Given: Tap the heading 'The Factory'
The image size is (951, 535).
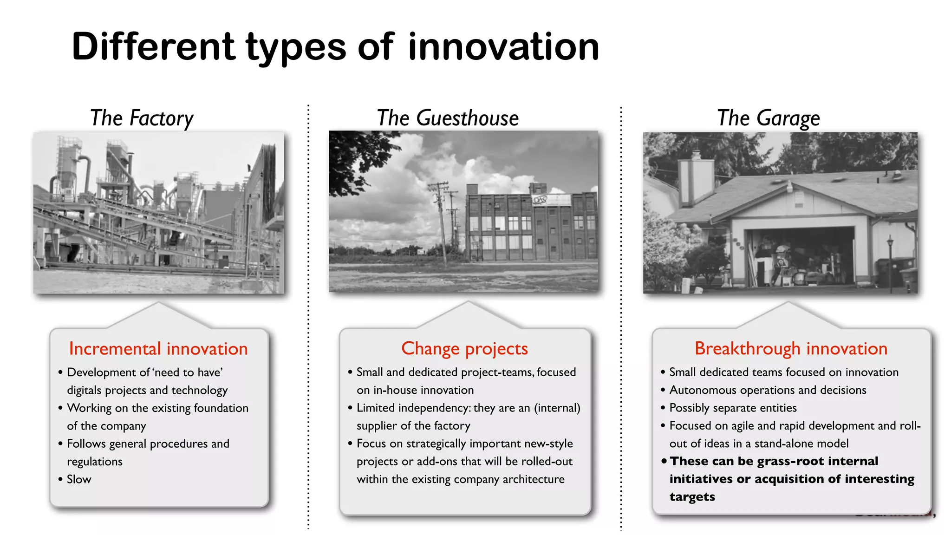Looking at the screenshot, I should [x=142, y=118].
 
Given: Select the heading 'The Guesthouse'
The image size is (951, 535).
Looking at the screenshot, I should [x=448, y=118].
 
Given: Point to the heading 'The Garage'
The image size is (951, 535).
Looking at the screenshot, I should [x=769, y=118].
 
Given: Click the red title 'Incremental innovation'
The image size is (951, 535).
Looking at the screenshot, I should [x=158, y=349].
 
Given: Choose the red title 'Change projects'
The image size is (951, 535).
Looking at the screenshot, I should [x=464, y=348].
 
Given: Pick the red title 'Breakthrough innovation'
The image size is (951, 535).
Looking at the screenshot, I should [x=791, y=348].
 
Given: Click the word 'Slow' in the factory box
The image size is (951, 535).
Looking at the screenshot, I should [x=79, y=479].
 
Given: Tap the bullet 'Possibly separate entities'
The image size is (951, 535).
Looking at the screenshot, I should [x=733, y=408].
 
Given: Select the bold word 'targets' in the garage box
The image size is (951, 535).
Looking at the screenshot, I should [x=692, y=496].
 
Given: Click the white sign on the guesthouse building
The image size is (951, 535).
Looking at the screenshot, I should [x=551, y=200].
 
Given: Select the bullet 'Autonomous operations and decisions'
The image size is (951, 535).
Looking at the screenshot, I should [x=768, y=390].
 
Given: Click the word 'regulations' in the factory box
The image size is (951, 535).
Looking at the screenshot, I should [x=95, y=462].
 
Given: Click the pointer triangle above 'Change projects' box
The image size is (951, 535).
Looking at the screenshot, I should [x=468, y=316].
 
